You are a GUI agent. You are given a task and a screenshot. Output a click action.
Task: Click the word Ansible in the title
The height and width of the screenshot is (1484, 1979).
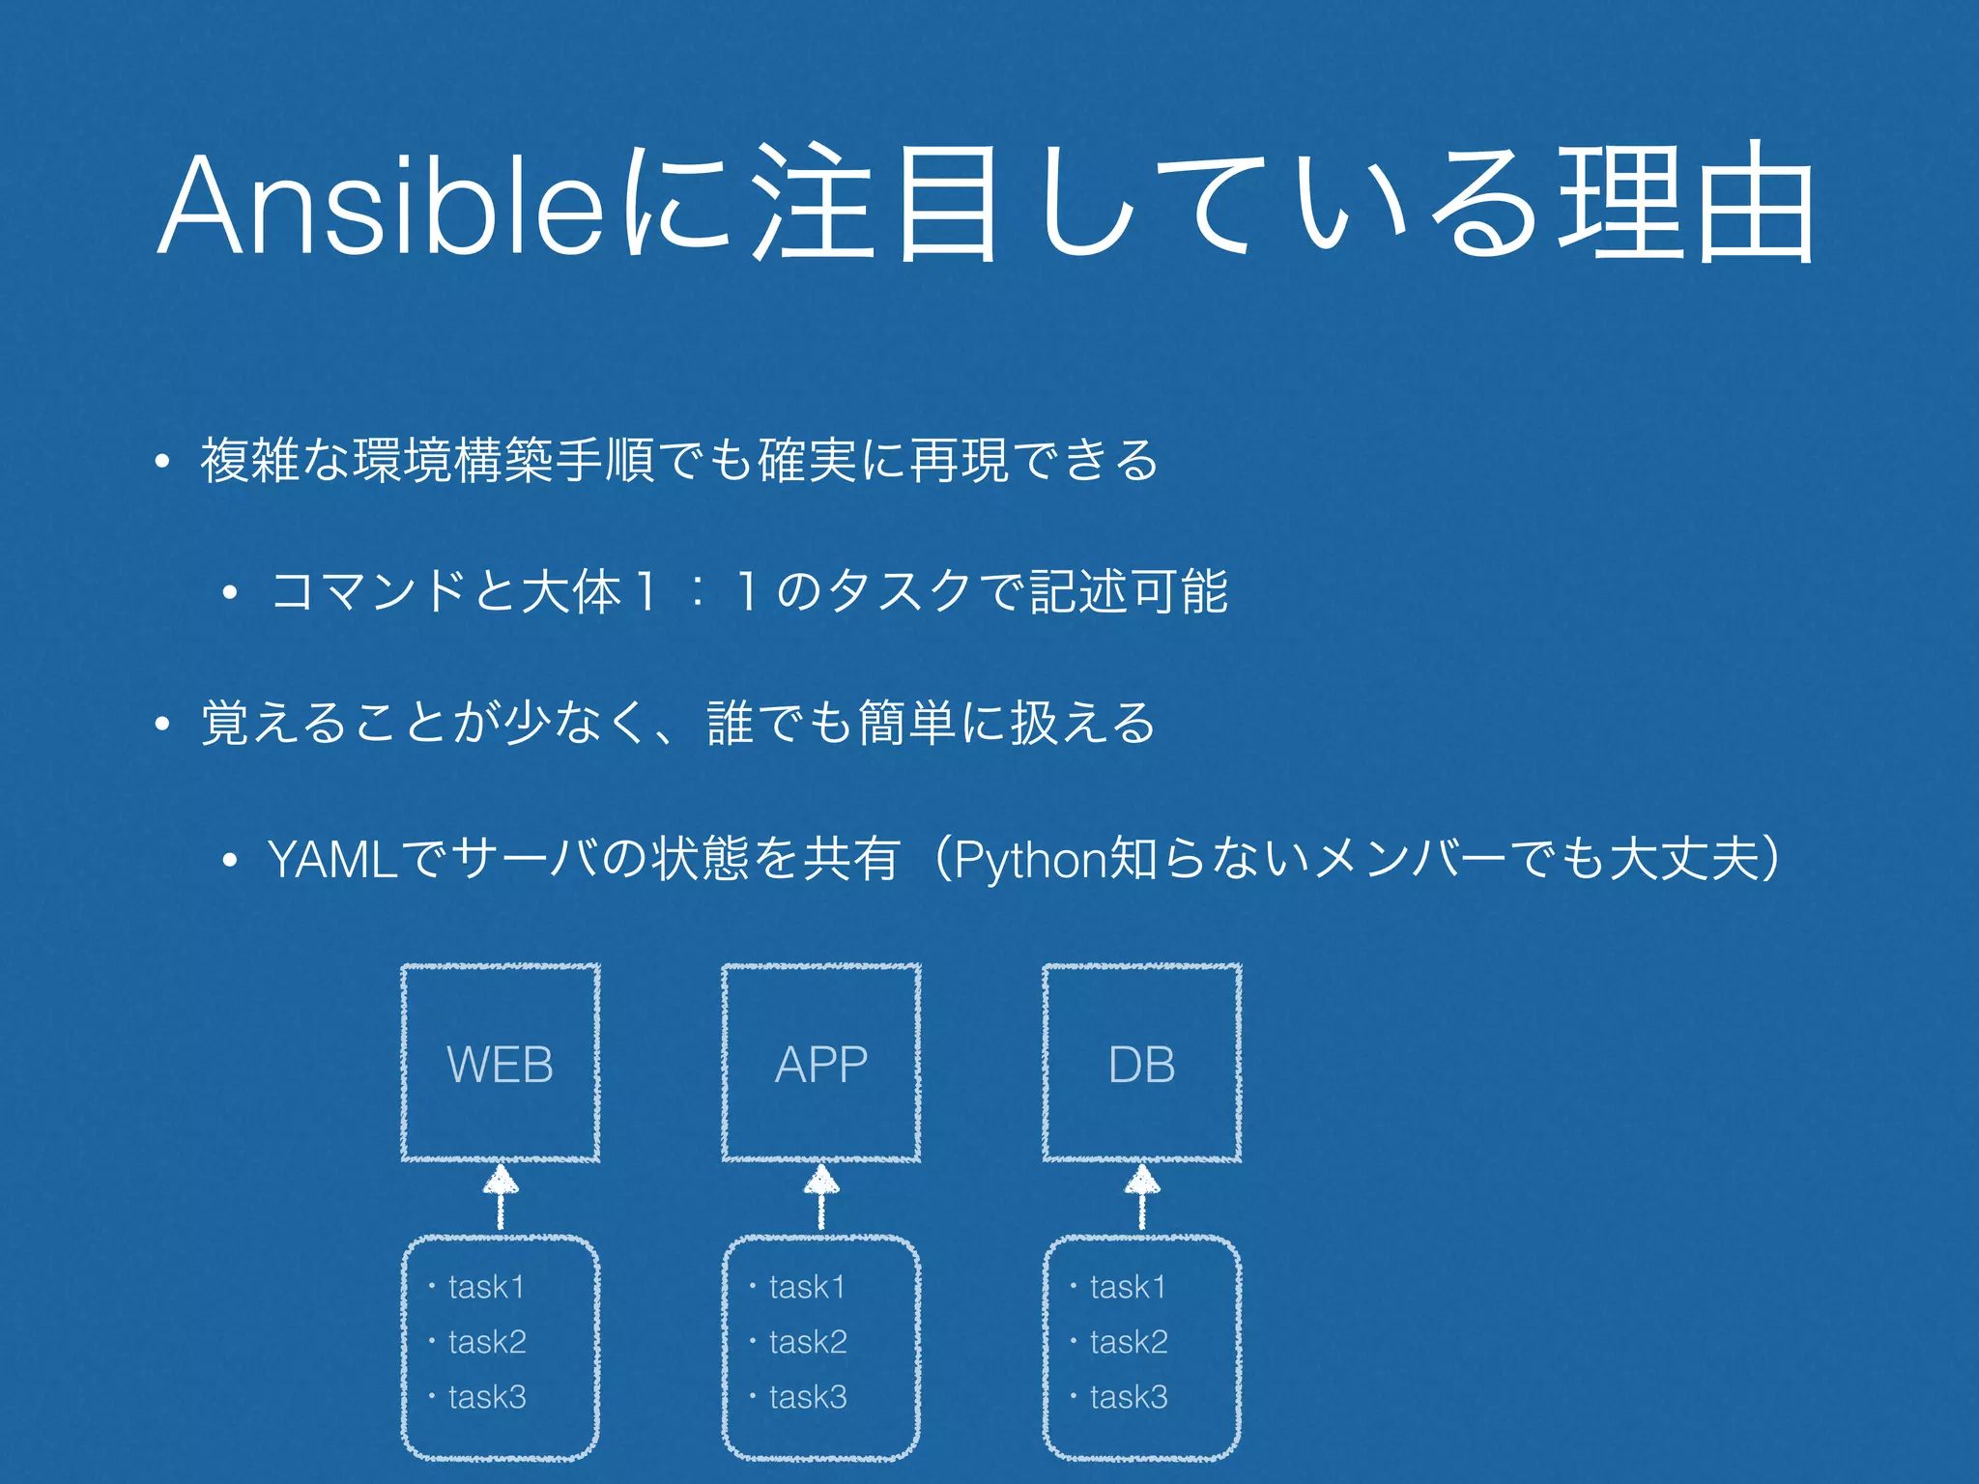coord(382,205)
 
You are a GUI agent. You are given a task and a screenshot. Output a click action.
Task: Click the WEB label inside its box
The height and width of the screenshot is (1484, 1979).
coord(500,1065)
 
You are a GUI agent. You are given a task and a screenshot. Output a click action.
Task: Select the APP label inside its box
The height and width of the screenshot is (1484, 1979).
coord(821,1065)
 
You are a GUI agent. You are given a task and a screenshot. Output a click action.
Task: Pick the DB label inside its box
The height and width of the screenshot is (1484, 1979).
coord(1141,1065)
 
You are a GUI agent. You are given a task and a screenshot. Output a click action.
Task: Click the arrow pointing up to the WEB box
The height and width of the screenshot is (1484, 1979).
coord(501,1196)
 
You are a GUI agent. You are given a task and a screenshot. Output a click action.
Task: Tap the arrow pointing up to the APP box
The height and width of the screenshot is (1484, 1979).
coord(821,1196)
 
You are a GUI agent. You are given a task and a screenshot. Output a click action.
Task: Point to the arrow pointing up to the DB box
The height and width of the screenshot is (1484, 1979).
coord(1142,1196)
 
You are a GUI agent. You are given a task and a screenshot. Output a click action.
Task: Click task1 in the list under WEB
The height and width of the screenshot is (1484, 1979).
coord(486,1287)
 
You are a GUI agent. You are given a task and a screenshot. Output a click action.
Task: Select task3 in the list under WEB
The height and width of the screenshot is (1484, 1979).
coord(487,1397)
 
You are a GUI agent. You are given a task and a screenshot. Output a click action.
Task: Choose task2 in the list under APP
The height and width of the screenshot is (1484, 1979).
coord(808,1342)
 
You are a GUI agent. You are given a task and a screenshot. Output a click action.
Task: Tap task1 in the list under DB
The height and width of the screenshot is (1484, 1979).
coord(1128,1287)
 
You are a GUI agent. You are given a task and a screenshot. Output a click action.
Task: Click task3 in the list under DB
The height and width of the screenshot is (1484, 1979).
coord(1129,1397)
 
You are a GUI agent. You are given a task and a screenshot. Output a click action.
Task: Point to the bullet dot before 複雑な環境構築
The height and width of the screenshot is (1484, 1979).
coord(162,462)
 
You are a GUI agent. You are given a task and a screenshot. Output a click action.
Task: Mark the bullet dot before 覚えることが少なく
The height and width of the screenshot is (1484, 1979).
coord(162,724)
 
